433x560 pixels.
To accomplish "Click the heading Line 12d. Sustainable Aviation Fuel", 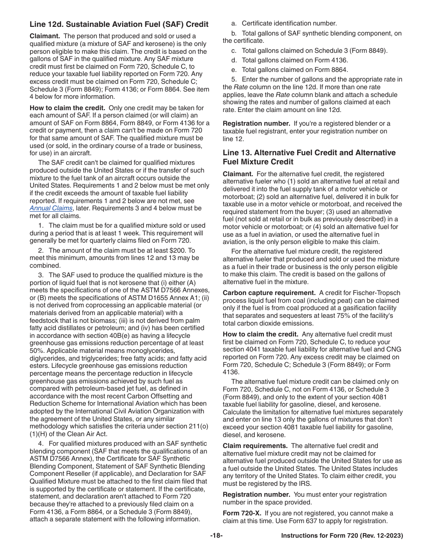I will pos(119,25).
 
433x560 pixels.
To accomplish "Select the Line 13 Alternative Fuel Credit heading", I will pos(309,157).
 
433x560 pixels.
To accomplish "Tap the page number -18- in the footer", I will pos(216,536).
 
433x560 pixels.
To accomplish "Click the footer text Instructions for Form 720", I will pos(342,536).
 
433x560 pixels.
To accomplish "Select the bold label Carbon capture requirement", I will pos(269,293).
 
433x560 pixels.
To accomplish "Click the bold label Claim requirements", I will pos(255,446).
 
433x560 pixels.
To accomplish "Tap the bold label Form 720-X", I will pos(240,514).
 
